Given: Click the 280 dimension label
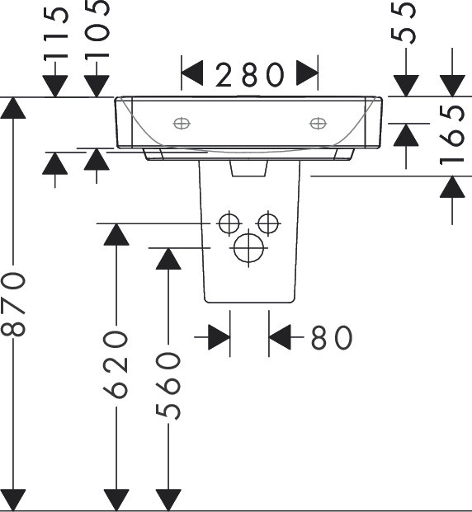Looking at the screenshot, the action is point(249,75).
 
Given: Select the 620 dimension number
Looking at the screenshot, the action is point(115,364).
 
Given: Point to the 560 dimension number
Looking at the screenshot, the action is point(168,386).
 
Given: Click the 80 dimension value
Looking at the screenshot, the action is point(332,338).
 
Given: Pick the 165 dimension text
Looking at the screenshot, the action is point(452,135).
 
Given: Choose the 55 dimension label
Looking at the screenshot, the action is point(404,22).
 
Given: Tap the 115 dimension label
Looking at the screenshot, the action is point(56,33).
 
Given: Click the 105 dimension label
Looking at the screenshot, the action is point(97,30).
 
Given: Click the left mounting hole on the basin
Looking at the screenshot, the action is point(182,124).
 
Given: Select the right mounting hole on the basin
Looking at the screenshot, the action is point(318,124).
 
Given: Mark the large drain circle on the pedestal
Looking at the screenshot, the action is point(248,248).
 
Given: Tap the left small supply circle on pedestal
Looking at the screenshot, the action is point(229,223).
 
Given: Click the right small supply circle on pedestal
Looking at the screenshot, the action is point(268,223).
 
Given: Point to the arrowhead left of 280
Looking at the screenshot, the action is point(192,73).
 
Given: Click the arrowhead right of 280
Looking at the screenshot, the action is point(307,73).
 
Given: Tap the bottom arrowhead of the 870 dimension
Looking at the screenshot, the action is point(13,500).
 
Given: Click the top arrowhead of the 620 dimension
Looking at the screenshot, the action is point(116,234).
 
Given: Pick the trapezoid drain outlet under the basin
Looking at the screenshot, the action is point(249,168).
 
